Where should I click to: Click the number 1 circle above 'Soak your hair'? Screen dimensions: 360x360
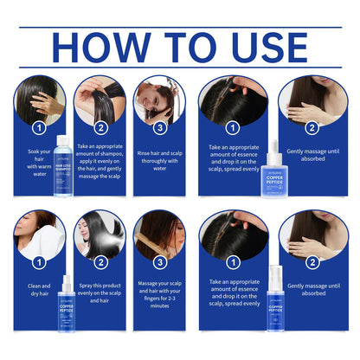(x=38, y=128)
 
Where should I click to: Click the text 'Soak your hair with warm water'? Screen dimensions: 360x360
(x=38, y=162)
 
